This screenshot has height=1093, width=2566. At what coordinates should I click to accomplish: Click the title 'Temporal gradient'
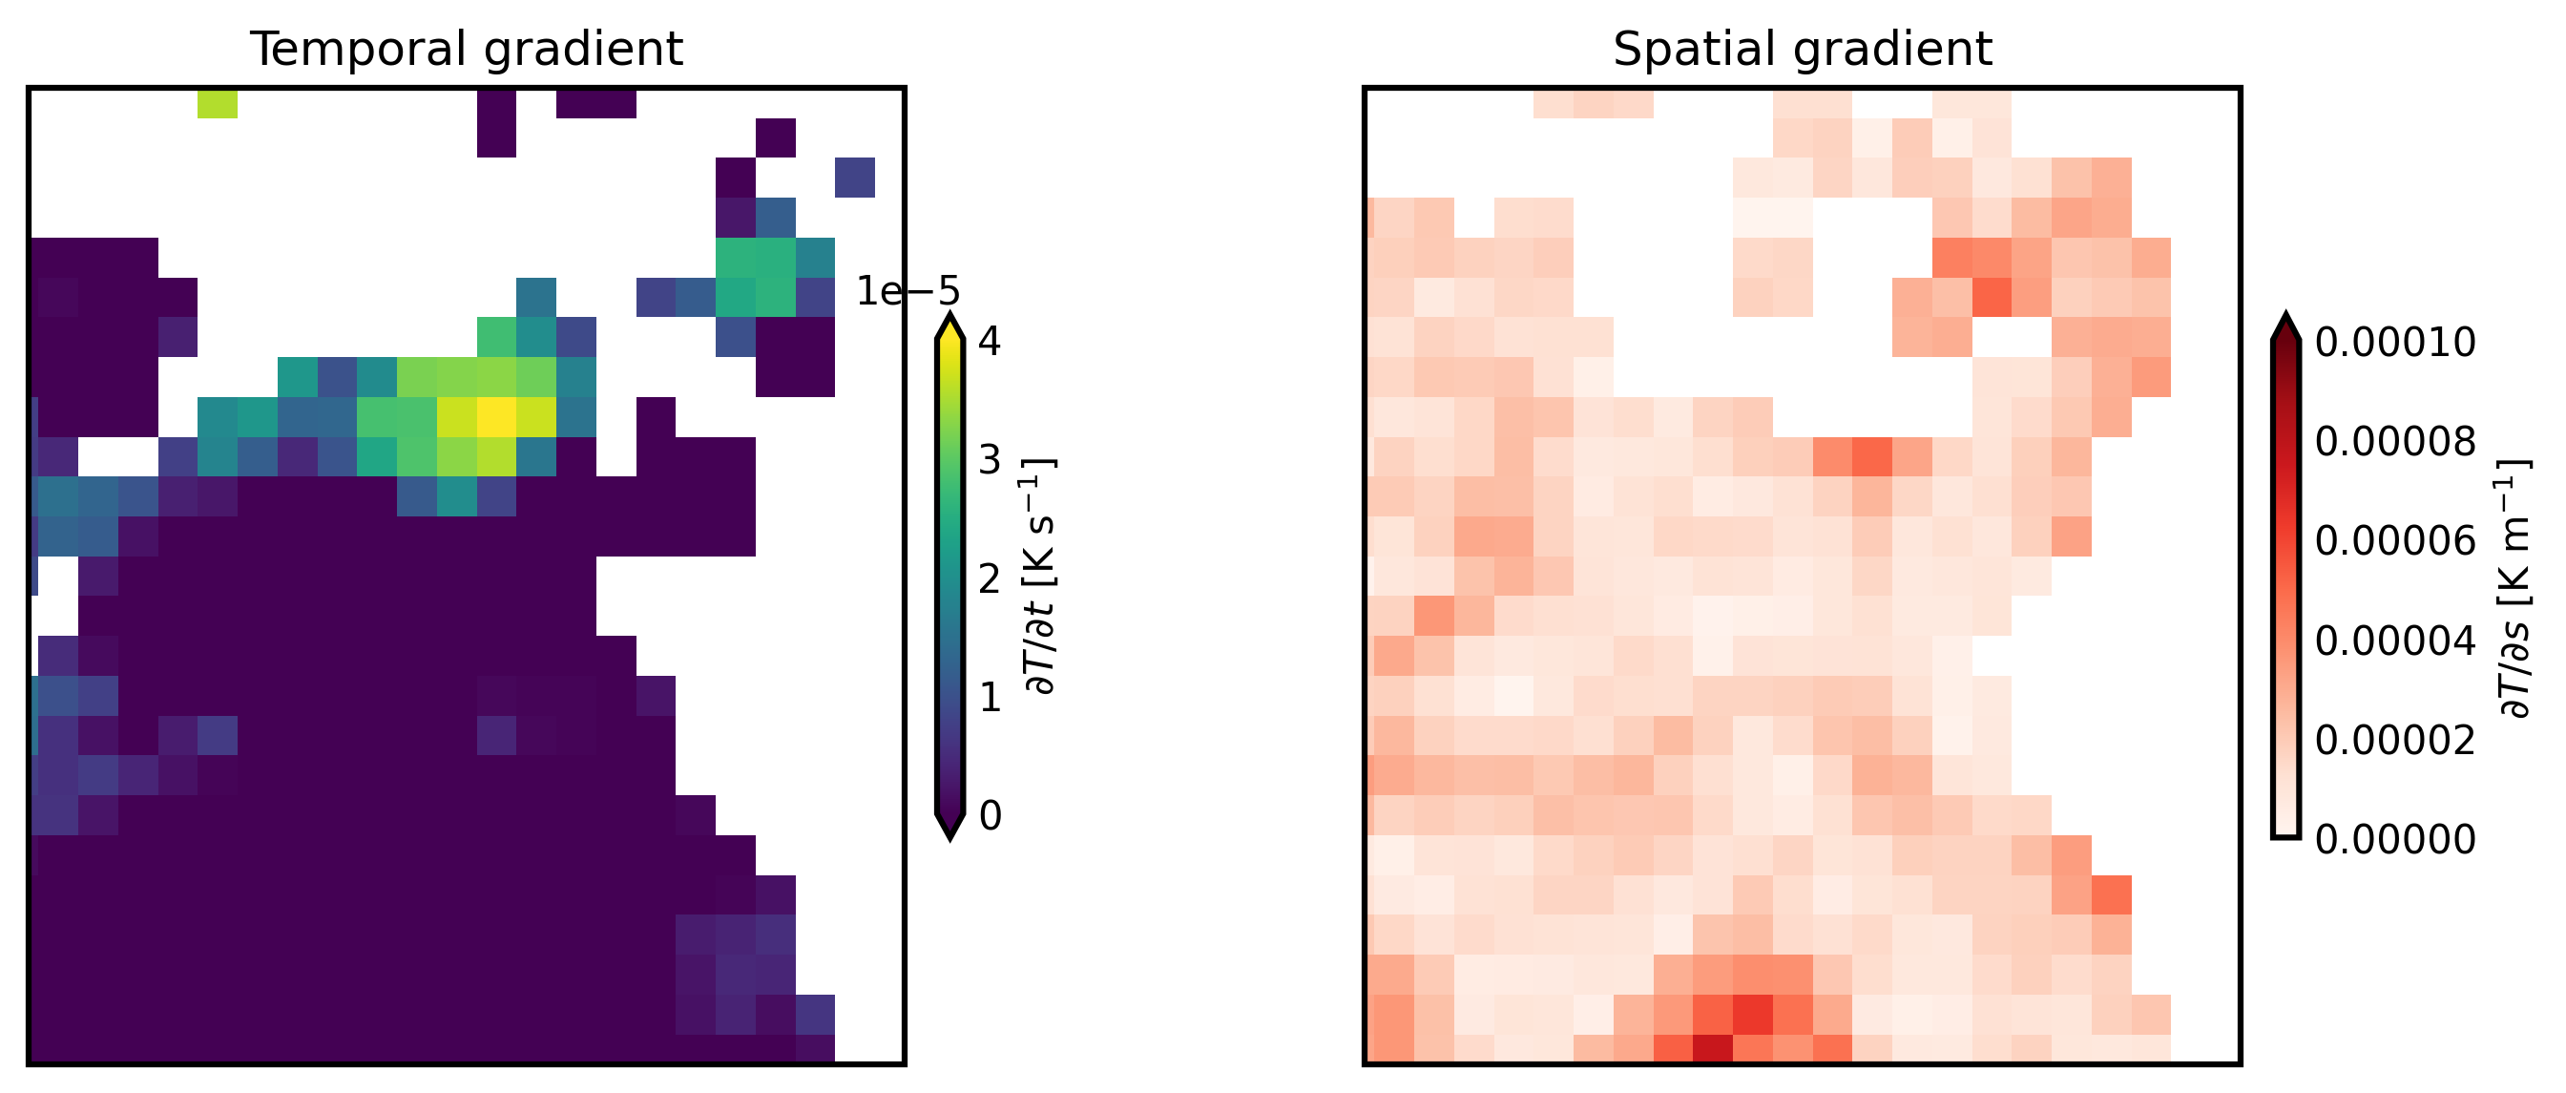tap(467, 49)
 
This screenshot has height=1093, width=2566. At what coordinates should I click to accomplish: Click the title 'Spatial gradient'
tap(1802, 49)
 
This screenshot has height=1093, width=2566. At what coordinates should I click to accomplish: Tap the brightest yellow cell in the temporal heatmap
tap(496, 416)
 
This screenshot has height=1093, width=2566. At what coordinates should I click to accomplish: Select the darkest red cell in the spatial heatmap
tap(1712, 1048)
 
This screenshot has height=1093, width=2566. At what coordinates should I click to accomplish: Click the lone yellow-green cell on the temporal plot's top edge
tap(218, 104)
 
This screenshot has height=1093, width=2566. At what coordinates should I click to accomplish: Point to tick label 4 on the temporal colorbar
tap(990, 342)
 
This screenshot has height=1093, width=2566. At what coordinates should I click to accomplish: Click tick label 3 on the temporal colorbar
tap(990, 460)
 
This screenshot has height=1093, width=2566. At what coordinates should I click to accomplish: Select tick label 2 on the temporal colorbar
tap(990, 578)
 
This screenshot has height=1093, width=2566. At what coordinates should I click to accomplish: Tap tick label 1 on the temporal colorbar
tap(990, 698)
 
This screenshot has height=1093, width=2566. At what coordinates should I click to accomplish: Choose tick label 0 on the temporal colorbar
tap(990, 816)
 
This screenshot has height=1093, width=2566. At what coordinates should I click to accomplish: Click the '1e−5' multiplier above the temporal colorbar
tap(907, 292)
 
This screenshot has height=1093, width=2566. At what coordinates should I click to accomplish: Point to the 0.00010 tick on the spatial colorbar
tap(2394, 343)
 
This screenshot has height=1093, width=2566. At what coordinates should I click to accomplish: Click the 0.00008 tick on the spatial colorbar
tap(2394, 441)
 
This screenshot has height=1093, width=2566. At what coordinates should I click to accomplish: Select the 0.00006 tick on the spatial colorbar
tap(2394, 541)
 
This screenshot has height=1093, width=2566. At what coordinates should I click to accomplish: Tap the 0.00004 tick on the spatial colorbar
tap(2394, 641)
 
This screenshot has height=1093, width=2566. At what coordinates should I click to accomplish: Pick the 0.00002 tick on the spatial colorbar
tap(2394, 741)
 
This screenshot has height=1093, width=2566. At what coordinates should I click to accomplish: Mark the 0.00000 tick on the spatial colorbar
tap(2394, 840)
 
